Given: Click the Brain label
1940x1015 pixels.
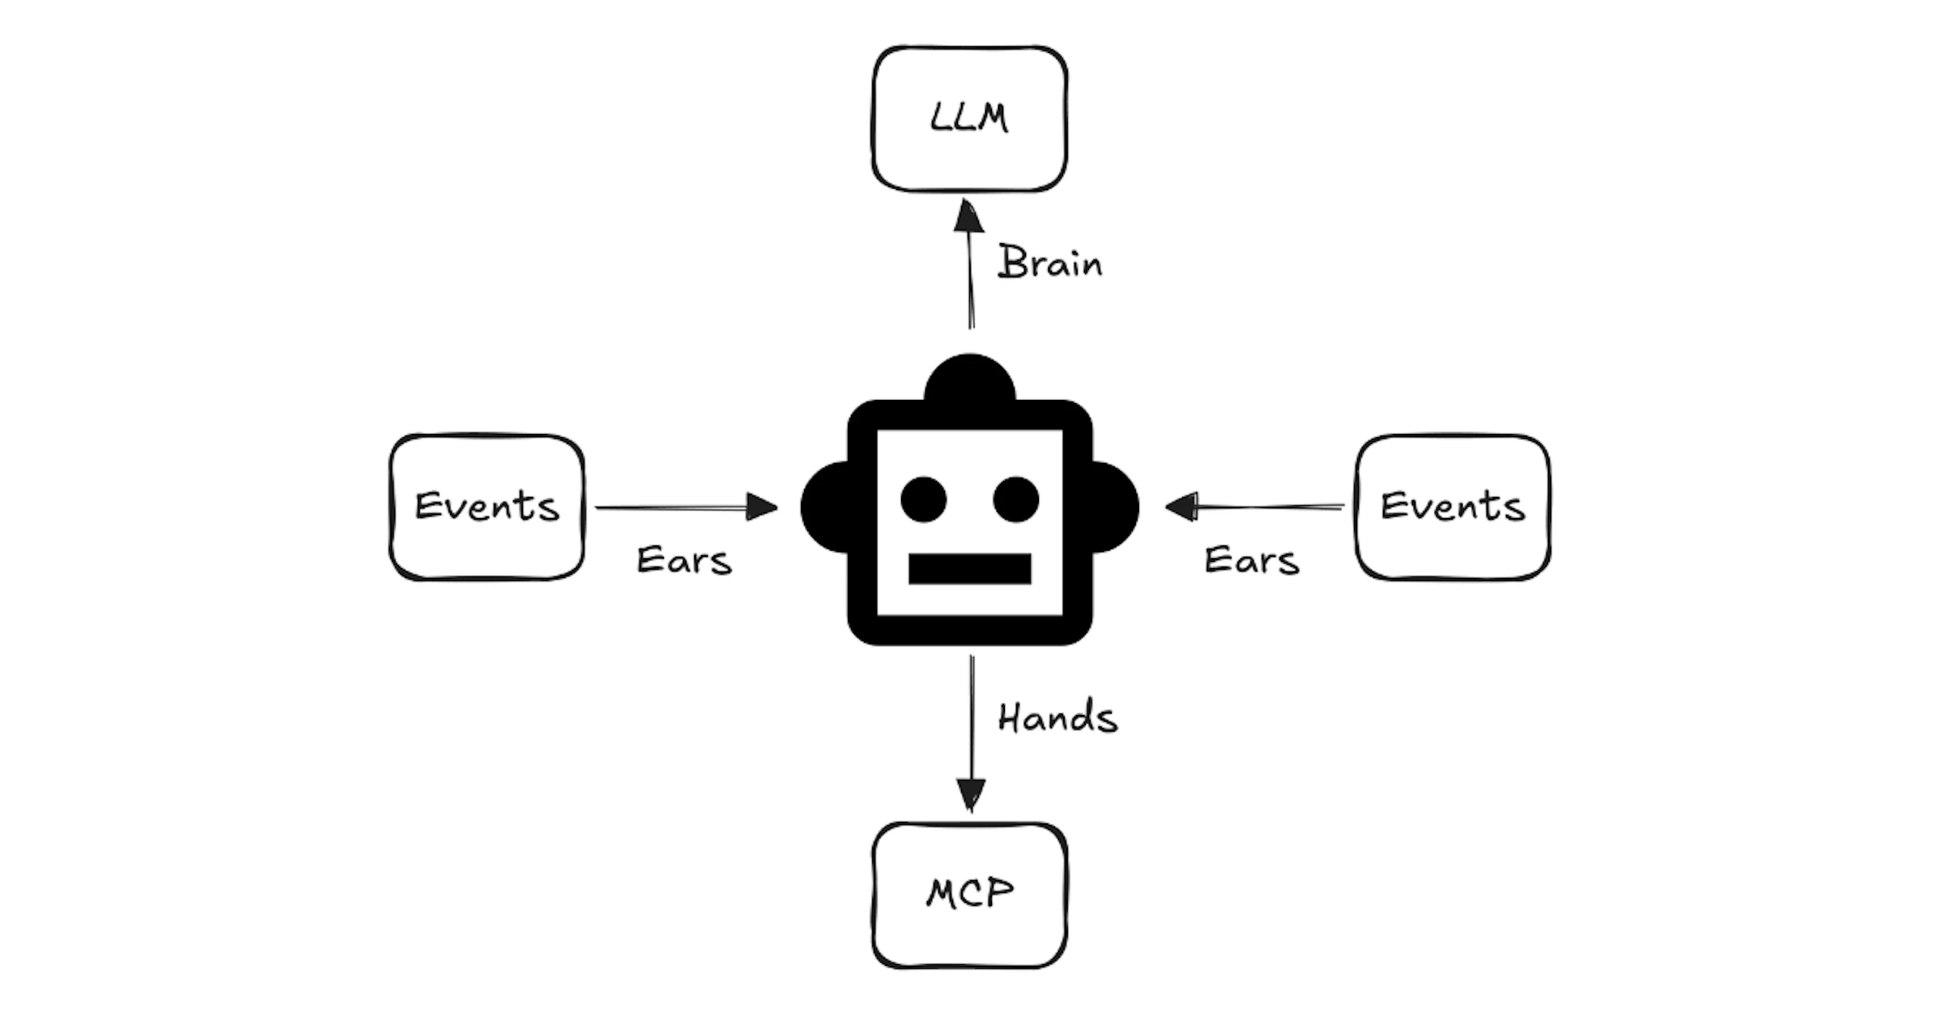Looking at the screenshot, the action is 1050,262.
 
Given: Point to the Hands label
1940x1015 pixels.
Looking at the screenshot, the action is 1058,717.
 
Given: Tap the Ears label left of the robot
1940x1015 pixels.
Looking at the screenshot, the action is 684,561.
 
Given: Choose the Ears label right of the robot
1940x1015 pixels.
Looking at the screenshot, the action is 1252,561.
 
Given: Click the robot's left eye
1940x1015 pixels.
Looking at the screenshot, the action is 924,499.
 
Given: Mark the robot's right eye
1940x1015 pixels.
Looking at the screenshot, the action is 1015,499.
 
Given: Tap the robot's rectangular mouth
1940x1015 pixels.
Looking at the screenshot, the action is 970,569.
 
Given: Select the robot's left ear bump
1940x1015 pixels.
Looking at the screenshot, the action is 824,507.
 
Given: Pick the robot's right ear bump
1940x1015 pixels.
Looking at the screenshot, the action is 1115,507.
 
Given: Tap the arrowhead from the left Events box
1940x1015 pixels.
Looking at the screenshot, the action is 762,507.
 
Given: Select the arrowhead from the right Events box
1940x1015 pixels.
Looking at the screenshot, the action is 1180,507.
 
